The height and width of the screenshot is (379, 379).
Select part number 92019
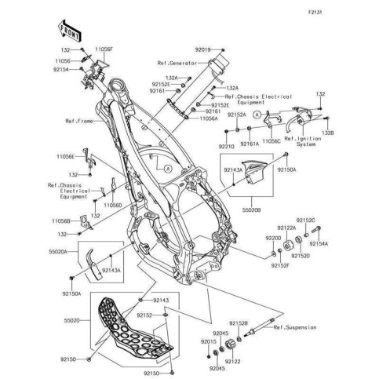[182, 49]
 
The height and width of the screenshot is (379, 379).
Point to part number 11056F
[104, 49]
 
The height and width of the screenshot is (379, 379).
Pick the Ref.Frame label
[82, 122]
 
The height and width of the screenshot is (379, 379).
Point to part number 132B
[328, 133]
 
